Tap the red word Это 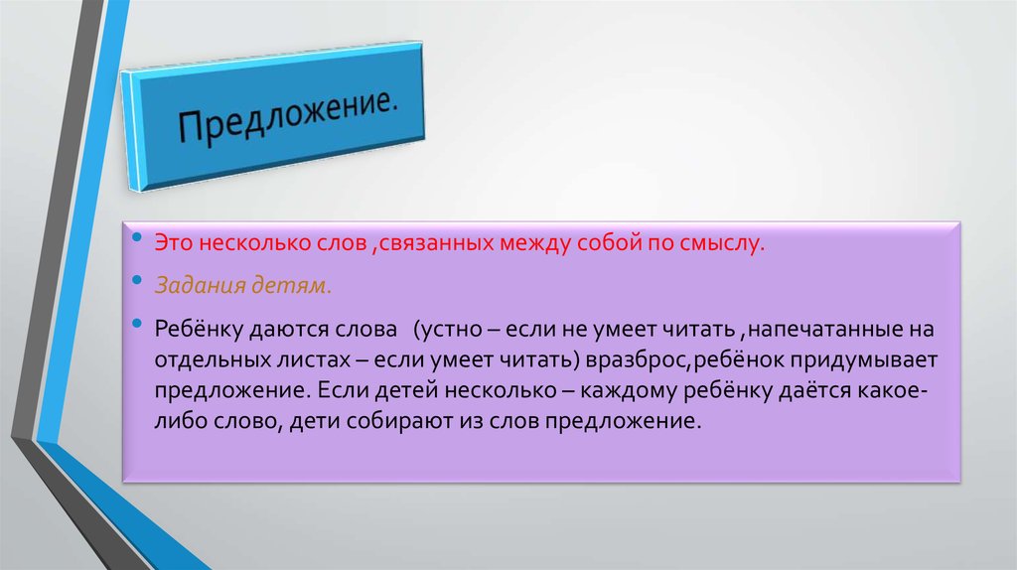pyautogui.click(x=172, y=243)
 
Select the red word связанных pyautogui.click(x=428, y=243)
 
